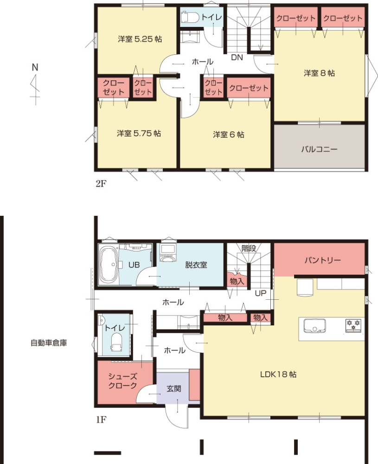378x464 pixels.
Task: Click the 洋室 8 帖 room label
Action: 319,73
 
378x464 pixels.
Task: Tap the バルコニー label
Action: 319,149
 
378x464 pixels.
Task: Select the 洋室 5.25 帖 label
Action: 140,39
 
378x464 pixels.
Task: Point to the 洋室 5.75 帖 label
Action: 139,133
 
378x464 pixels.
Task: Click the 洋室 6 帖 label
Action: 228,135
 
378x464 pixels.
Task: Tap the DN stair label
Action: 237,58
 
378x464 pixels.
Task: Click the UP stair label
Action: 261,293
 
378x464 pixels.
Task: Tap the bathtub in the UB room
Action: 109,265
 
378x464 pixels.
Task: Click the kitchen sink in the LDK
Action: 315,326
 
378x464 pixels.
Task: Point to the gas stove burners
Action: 353,325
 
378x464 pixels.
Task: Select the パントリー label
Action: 322,260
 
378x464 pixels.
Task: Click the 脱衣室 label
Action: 196,264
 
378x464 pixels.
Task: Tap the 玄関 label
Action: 173,388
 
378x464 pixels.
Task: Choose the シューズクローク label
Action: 122,380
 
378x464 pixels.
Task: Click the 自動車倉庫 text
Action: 49,343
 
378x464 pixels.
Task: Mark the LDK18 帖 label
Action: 278,374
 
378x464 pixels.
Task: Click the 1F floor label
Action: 101,419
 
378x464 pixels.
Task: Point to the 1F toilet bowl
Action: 116,342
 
